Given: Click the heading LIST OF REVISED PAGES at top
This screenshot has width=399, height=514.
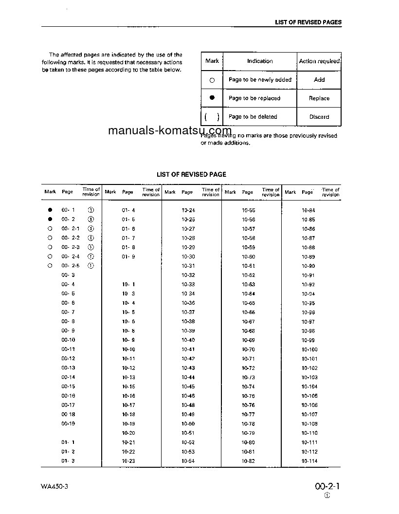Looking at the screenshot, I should (x=308, y=22).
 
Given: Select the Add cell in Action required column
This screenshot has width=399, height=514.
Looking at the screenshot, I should (x=319, y=80).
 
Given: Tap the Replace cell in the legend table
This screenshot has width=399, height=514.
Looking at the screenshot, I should (x=319, y=98).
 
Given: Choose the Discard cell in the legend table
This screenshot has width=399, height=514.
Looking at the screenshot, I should (x=319, y=117).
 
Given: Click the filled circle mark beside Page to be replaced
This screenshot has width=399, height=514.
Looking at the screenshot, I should (x=212, y=98).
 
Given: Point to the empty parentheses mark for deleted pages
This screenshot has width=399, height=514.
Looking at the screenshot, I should (x=212, y=117).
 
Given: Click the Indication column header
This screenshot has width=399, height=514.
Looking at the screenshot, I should (x=260, y=61).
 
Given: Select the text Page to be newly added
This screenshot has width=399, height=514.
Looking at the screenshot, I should (x=260, y=80).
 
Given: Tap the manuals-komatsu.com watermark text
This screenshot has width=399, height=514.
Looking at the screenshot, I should (x=163, y=130).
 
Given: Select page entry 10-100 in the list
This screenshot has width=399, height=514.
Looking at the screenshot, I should (x=309, y=349).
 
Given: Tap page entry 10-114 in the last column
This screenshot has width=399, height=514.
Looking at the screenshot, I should (x=309, y=461).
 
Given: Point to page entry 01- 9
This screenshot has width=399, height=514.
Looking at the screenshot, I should (x=128, y=257).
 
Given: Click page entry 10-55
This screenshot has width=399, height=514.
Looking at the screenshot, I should (x=248, y=210).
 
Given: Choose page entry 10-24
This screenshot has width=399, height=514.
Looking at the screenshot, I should (x=188, y=210).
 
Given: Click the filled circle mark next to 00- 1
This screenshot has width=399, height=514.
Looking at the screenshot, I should (x=50, y=210).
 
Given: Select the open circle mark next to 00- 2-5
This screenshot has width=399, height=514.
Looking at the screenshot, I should (x=50, y=266).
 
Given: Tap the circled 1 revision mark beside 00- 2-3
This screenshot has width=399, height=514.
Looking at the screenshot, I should (x=91, y=247).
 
